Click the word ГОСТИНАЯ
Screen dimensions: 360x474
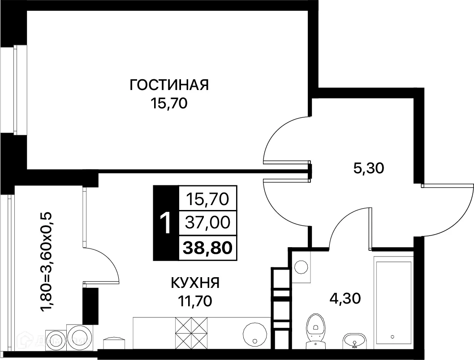click(169, 85)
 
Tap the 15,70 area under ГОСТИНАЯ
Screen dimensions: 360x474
click(169, 104)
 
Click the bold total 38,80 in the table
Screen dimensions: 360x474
click(207, 246)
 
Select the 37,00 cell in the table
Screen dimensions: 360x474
click(207, 222)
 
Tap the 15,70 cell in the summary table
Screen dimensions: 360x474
click(207, 198)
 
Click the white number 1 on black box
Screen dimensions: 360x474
click(165, 223)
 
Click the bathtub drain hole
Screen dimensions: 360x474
click(392, 336)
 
